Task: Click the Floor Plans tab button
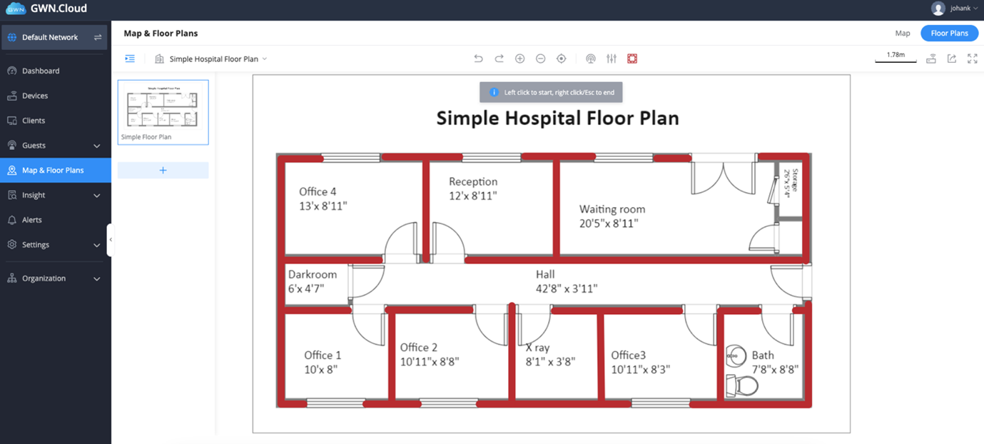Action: coord(949,33)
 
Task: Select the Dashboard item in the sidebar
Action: coord(41,71)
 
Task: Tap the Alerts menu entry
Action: coord(31,220)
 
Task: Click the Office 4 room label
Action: coord(318,191)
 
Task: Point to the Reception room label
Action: coord(473,181)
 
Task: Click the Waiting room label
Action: coord(612,209)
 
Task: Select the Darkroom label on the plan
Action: coord(313,274)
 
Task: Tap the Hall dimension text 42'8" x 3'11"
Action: coord(567,289)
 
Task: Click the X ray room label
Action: coord(537,348)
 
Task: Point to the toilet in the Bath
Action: coord(741,385)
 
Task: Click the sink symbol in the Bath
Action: coord(735,353)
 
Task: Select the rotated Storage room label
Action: coord(788,182)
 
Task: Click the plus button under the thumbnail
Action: coord(163,170)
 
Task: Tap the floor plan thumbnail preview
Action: coord(163,108)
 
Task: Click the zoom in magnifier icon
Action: coord(520,59)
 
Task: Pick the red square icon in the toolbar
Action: coord(632,59)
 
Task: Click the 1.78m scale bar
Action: coord(896,57)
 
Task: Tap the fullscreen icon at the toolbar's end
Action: coord(972,59)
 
